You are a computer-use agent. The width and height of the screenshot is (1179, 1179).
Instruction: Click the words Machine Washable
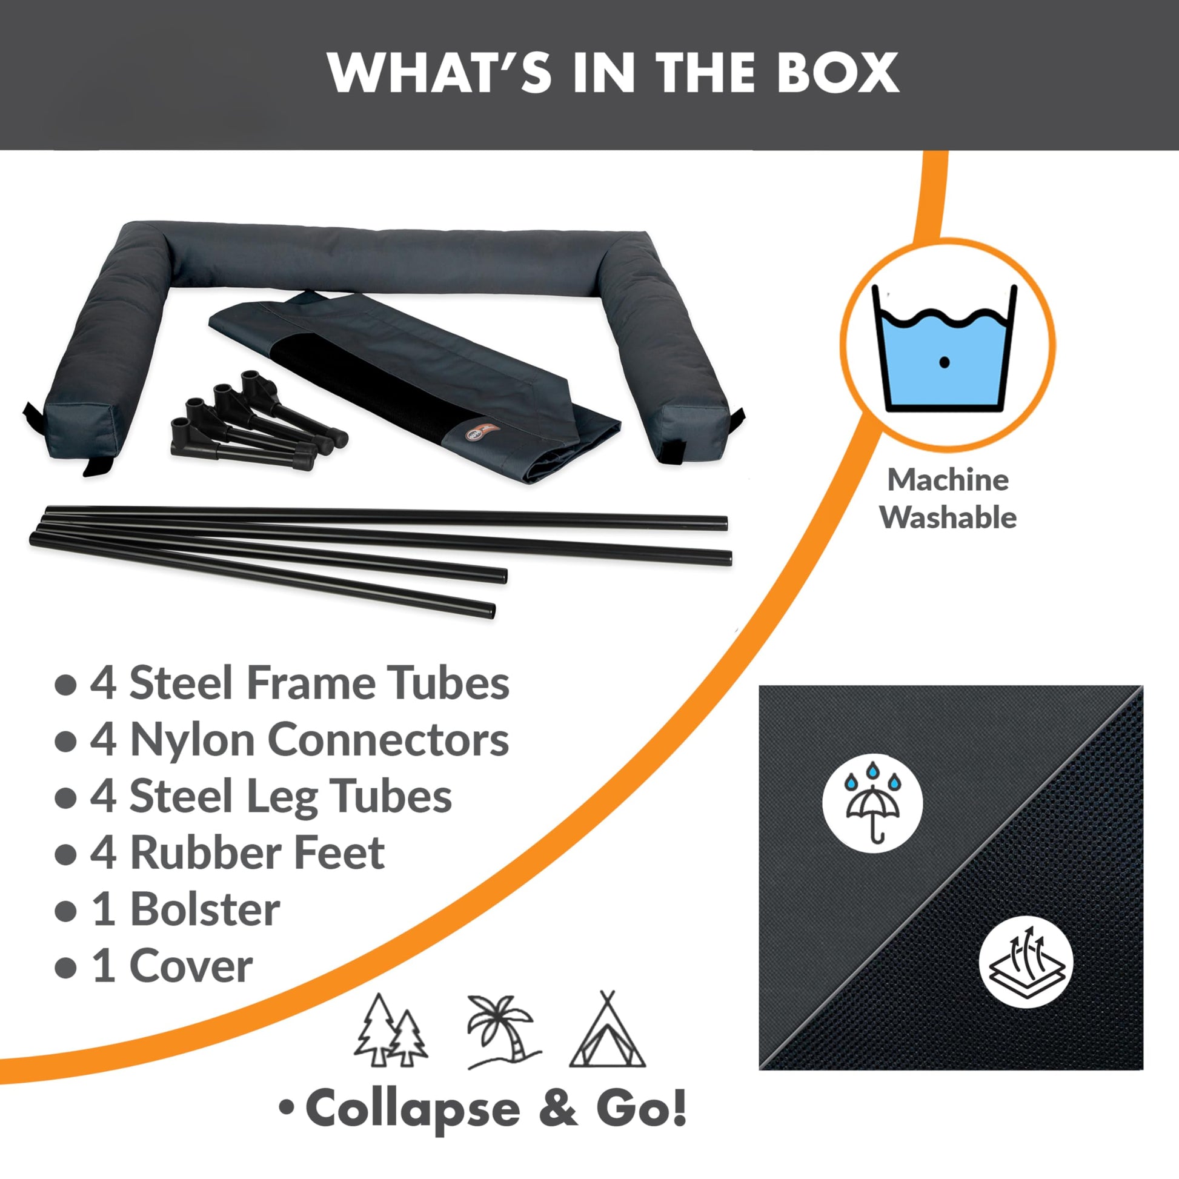(948, 499)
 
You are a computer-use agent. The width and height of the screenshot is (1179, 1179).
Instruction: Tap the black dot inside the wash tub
(944, 362)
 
